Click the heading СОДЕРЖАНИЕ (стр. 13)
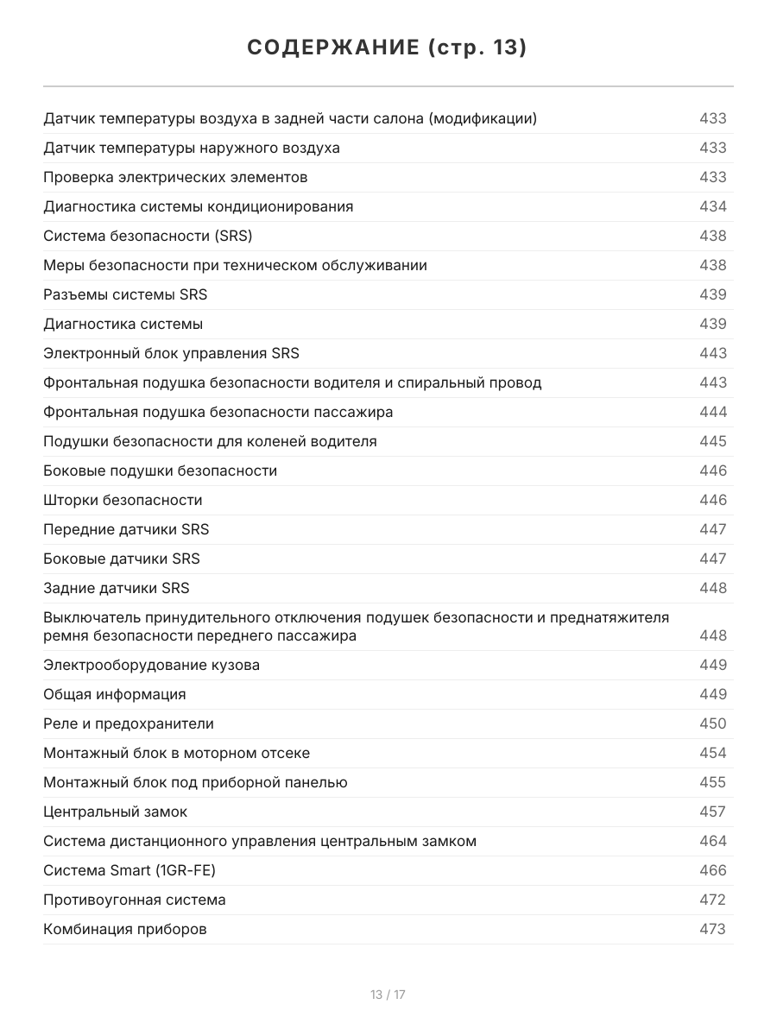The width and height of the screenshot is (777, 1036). pos(388,47)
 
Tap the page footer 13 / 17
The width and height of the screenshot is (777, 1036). pos(388,995)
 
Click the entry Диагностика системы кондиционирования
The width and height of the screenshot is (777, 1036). pos(198,206)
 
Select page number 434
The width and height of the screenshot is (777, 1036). pos(712,206)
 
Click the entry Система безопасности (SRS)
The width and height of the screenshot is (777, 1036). pos(148,236)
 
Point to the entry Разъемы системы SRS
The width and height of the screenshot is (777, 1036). pos(125,294)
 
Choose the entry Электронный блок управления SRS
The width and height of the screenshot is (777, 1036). pos(171,353)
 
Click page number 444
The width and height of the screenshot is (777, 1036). pos(712,412)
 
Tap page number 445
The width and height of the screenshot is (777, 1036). pos(712,441)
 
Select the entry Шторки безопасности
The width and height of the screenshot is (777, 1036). pos(123,500)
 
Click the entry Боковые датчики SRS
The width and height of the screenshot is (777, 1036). pos(122,559)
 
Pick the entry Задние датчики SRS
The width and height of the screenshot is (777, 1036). pos(117,588)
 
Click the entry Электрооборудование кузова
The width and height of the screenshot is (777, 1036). pos(151,665)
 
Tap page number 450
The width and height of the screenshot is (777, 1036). pos(712,723)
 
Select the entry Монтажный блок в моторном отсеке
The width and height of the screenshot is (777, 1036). pos(176,753)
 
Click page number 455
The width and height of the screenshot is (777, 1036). pos(712,782)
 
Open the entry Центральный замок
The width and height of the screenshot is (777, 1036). pos(115,812)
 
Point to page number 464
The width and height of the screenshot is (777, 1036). pos(712,841)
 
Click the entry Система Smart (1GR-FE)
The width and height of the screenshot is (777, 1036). pos(129,870)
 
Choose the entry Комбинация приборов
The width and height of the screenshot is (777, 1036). pos(125,929)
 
